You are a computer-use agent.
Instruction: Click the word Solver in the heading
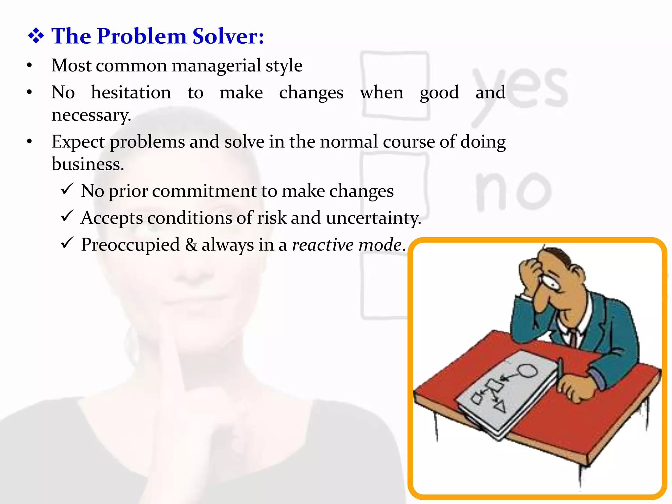(228, 36)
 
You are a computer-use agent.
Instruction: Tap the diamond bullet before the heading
(36, 36)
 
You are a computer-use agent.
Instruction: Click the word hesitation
(131, 93)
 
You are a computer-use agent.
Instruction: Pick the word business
(88, 164)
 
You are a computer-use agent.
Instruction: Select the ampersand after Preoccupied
(191, 245)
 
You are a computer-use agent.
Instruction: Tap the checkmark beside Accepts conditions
(67, 216)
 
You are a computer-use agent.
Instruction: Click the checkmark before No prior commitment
(67, 189)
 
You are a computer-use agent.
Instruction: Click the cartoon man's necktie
(573, 338)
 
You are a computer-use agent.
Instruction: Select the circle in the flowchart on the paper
(527, 371)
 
